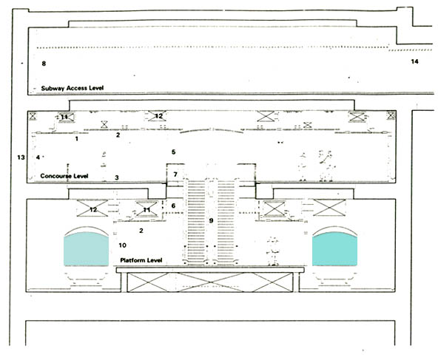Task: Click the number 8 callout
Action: [x=44, y=64]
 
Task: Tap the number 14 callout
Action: [x=414, y=61]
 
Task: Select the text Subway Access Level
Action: [x=73, y=88]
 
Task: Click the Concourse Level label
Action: [x=64, y=176]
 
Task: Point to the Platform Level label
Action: [x=141, y=260]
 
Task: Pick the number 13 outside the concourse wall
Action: [x=21, y=157]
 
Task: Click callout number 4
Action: [x=38, y=157]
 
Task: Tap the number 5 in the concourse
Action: [x=173, y=152]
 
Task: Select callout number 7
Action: [x=175, y=174]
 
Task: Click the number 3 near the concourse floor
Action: [x=117, y=177]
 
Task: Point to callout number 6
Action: [x=173, y=206]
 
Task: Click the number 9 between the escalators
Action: [x=211, y=221]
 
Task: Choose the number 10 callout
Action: [x=122, y=245]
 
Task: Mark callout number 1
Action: [x=77, y=138]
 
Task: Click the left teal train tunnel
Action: [x=87, y=249]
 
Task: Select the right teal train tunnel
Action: [x=334, y=249]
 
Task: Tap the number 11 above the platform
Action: [x=146, y=210]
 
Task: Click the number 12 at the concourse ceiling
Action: [x=158, y=116]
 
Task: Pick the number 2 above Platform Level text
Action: [x=141, y=231]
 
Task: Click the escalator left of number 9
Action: [x=195, y=222]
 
